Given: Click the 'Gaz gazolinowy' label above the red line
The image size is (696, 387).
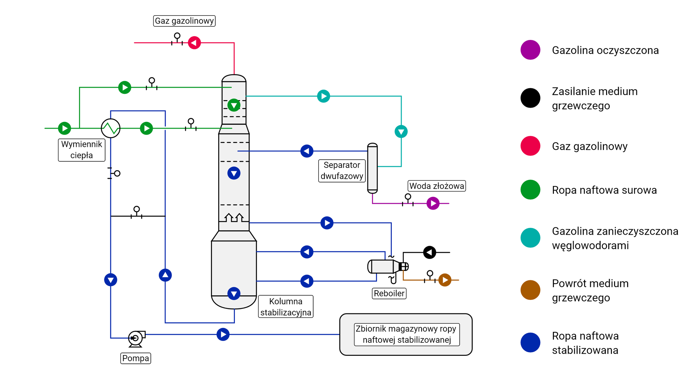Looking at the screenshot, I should coord(184,21).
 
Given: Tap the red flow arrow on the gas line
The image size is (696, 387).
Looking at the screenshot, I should coord(194,43).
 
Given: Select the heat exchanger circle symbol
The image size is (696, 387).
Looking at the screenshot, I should coord(111,128).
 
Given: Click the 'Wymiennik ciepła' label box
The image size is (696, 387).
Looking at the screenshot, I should coord(82,150).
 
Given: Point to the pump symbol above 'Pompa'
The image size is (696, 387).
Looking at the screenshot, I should coord(136,338).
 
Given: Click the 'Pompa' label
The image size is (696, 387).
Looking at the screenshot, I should coord(136,358).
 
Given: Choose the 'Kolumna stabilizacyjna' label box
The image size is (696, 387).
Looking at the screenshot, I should coord(286,307).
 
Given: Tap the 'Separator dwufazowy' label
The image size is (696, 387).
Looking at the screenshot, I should coord(342,170).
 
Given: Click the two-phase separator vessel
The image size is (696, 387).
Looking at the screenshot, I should coord(372,168).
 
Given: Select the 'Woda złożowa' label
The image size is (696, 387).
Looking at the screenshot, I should coord(437,186).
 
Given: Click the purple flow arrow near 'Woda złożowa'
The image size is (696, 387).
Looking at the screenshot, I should coord(433,203).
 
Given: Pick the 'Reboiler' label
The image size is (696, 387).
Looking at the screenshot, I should coord(389,293).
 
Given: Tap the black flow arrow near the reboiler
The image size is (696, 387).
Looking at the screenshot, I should coord(430,252).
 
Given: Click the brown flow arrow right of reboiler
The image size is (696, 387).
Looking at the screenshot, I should coord(445,280).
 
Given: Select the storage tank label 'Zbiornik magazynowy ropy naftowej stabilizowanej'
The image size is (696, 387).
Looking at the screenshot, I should coord(406,334).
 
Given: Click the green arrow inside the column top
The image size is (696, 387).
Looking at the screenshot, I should coord(234,105).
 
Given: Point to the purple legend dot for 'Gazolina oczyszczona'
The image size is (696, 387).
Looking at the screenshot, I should coord(530,50).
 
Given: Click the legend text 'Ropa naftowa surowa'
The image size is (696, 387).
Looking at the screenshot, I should coord(604,190).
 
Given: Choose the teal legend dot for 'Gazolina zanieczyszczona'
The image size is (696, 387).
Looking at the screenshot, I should coord(530,238).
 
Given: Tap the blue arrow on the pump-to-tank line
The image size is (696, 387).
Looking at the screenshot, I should coord(223,334).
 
